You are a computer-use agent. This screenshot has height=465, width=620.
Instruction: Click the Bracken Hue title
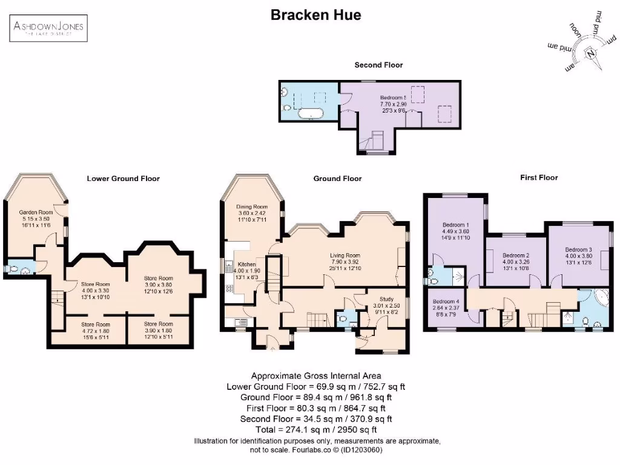point(315,15)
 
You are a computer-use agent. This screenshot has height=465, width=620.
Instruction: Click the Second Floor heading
point(378,65)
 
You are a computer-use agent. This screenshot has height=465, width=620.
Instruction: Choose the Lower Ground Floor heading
point(123,179)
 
